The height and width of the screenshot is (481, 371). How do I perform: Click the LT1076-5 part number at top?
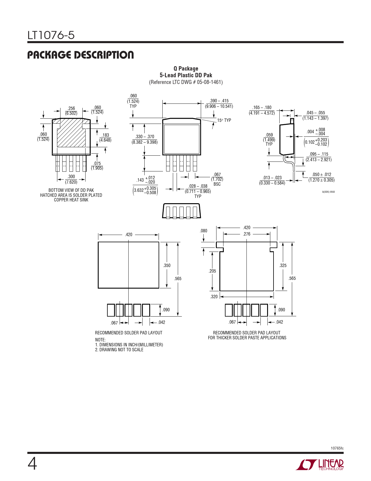(x=51, y=35)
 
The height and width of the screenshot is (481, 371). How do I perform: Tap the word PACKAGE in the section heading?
(x=49, y=55)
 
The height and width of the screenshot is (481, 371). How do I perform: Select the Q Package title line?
(x=186, y=69)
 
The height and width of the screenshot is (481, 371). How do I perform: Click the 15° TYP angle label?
(x=224, y=120)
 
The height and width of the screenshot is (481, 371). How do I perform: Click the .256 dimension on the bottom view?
(x=71, y=108)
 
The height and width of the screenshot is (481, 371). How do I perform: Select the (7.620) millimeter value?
(x=71, y=182)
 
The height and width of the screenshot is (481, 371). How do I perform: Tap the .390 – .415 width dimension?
(x=219, y=101)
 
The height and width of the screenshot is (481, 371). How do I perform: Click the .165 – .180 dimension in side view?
(x=262, y=107)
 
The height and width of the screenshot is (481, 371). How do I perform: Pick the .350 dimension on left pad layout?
(x=167, y=265)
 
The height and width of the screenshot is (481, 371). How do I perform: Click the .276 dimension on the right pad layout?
(x=246, y=234)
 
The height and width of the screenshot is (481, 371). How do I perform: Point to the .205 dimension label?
(x=212, y=271)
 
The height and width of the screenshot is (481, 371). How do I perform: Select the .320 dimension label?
(x=214, y=296)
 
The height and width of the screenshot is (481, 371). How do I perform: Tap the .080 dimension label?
(x=203, y=231)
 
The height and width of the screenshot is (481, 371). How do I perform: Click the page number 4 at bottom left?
(x=32, y=464)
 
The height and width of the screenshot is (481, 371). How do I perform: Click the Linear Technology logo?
(x=319, y=465)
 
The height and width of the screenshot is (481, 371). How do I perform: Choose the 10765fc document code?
(x=337, y=448)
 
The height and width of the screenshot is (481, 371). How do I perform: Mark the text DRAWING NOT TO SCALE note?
(x=121, y=350)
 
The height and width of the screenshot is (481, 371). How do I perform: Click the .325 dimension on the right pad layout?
(x=283, y=265)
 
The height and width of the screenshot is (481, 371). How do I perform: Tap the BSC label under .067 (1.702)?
(x=217, y=184)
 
